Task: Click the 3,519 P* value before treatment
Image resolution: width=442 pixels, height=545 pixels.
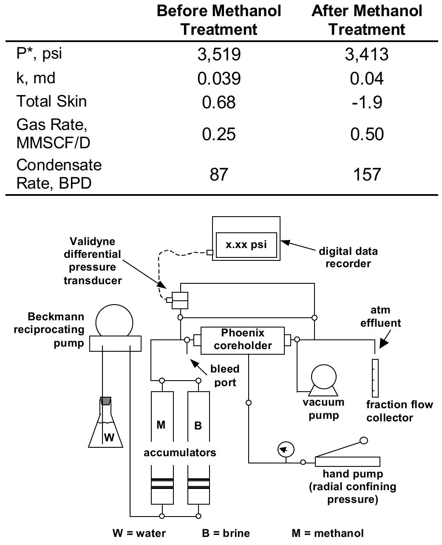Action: [219, 54]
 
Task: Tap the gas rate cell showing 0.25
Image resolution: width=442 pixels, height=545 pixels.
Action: [219, 134]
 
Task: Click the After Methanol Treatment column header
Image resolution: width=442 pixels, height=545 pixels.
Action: [367, 20]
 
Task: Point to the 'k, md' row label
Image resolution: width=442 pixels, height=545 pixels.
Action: [36, 78]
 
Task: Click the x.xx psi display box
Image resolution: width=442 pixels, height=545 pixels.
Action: [246, 245]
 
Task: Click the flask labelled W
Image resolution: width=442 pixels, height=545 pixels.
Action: [106, 429]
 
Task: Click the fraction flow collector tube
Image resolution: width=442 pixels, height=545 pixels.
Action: [375, 378]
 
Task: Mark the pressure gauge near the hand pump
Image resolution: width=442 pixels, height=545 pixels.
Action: [286, 449]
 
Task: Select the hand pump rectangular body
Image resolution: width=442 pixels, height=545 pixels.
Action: [347, 462]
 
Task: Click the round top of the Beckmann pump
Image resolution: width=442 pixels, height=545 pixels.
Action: [114, 322]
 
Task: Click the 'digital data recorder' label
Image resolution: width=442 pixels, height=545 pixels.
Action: [348, 257]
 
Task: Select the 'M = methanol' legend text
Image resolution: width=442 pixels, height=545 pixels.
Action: [328, 533]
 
